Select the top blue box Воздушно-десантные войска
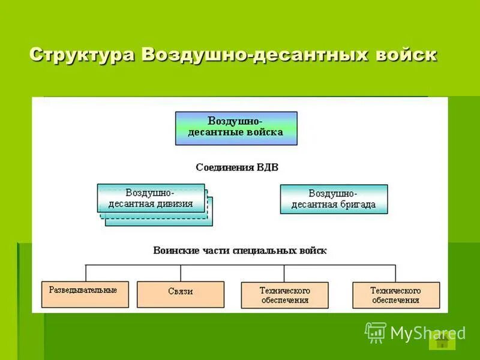click(236, 128)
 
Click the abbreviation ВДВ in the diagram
click(267, 167)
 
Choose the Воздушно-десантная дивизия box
click(151, 198)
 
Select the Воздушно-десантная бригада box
click(334, 199)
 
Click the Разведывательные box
click(83, 294)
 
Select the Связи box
click(180, 294)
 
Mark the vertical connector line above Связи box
click(180, 272)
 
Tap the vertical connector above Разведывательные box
click(86, 272)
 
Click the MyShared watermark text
click(427, 333)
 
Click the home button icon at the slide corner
click(442, 341)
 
